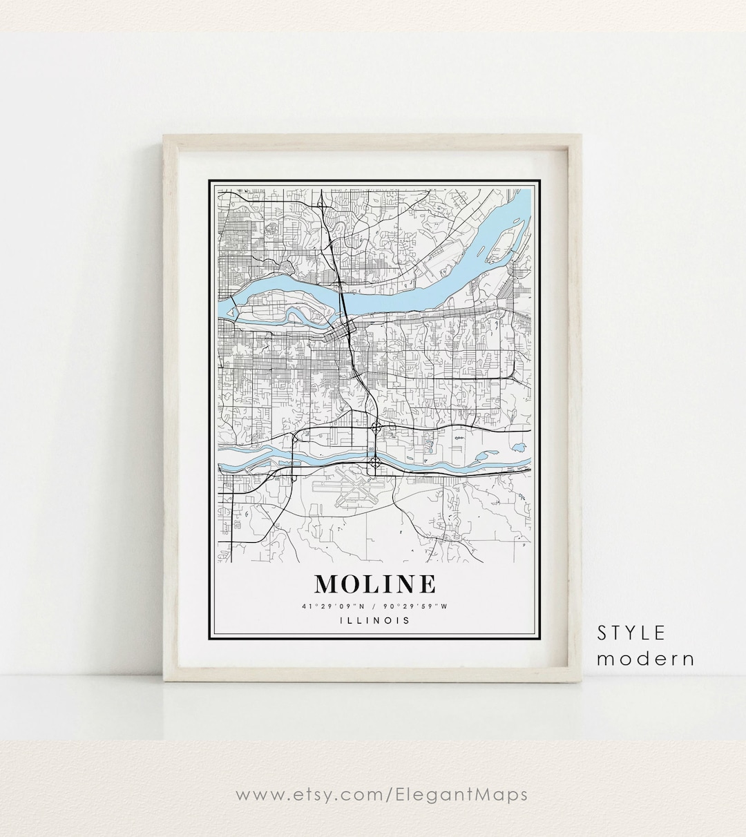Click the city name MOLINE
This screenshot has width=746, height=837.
point(375,584)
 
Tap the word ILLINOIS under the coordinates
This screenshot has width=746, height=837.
point(375,620)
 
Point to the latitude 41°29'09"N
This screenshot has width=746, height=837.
point(331,606)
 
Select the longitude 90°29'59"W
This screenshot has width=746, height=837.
point(418,606)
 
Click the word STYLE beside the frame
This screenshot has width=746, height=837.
point(631,633)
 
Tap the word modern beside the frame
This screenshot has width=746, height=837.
point(645,658)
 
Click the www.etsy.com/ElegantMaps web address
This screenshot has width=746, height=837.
point(381,794)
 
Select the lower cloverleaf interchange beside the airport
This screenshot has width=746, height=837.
point(374,461)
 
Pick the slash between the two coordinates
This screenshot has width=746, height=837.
point(374,606)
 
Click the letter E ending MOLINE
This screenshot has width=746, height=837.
point(427,584)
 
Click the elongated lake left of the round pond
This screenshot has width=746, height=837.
point(481,456)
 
